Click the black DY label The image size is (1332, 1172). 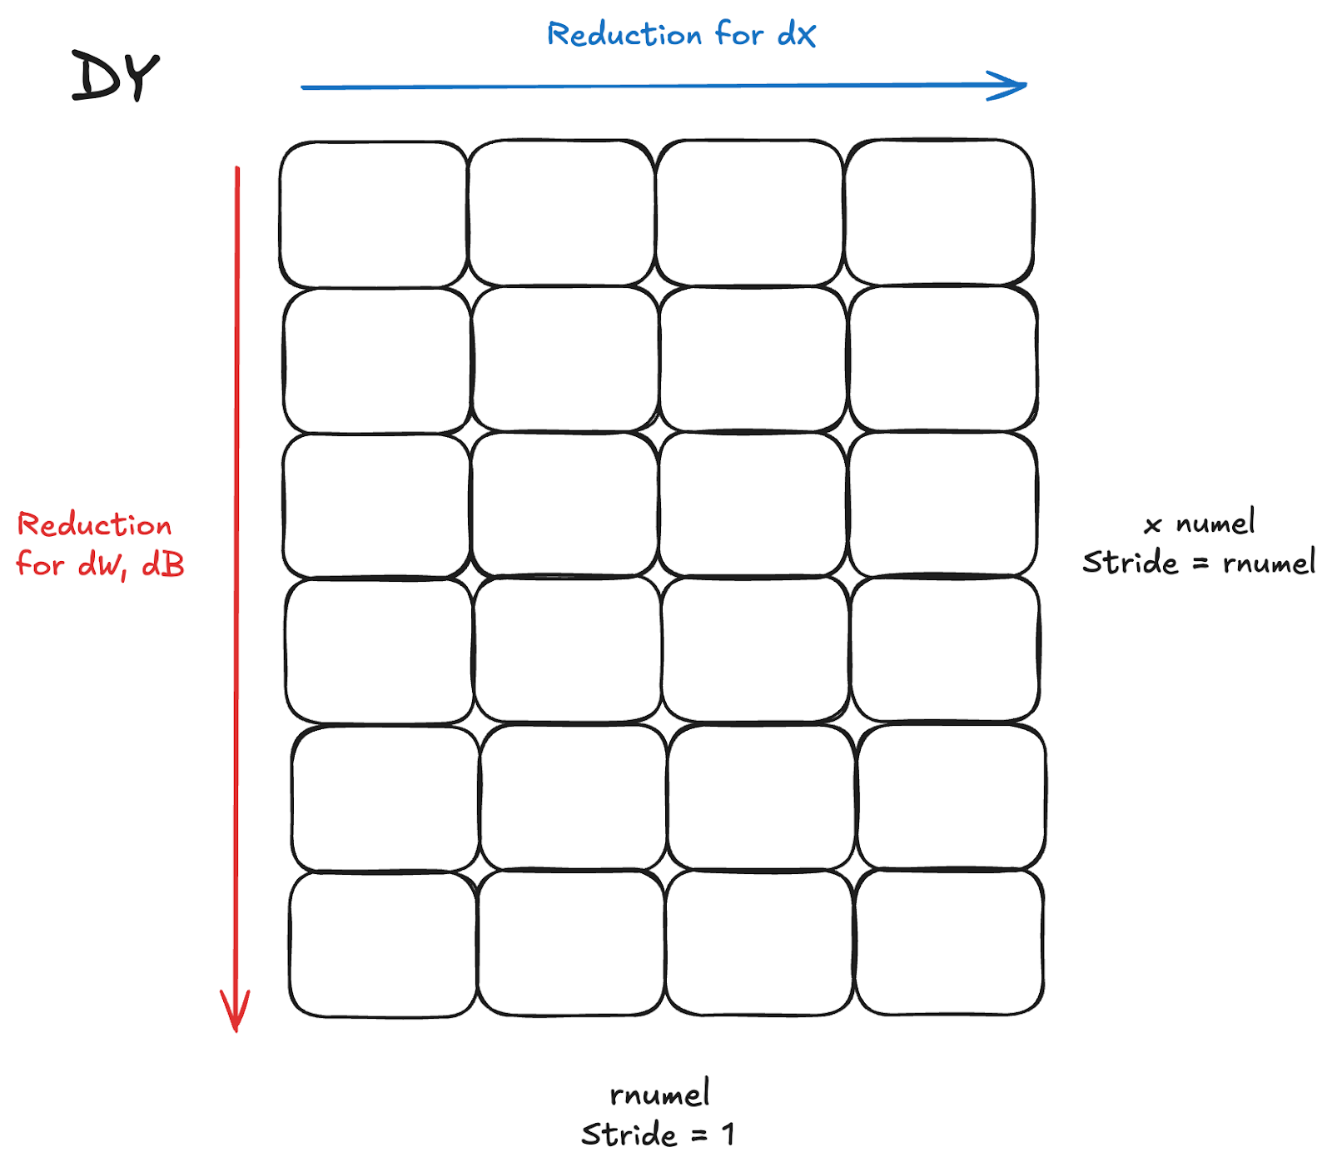pyautogui.click(x=115, y=77)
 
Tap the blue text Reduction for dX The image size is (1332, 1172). pyautogui.click(x=681, y=35)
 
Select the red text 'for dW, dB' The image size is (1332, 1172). pyautogui.click(x=100, y=565)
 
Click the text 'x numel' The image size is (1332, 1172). pyautogui.click(x=1200, y=524)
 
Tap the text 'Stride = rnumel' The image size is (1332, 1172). pyautogui.click(x=1199, y=563)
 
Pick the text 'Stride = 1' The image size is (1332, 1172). pyautogui.click(x=658, y=1135)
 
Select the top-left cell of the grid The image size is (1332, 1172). pyautogui.click(x=373, y=214)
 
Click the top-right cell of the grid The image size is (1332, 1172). pyautogui.click(x=940, y=213)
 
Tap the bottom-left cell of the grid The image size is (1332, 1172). pyautogui.click(x=383, y=945)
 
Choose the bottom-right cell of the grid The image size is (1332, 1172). pyautogui.click(x=950, y=942)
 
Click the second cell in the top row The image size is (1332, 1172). pyautogui.click(x=562, y=213)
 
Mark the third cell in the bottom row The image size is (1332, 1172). pyautogui.click(x=760, y=943)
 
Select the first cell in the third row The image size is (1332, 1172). pyautogui.click(x=376, y=505)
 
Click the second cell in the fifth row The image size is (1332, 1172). pyautogui.click(x=574, y=797)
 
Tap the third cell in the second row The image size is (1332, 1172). pyautogui.click(x=753, y=360)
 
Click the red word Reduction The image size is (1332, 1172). pyautogui.click(x=94, y=525)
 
